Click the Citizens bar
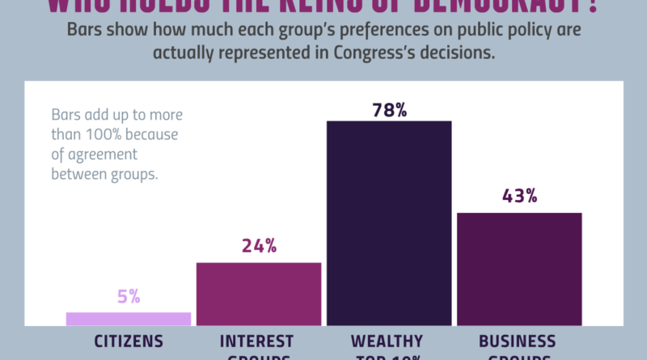pyautogui.click(x=129, y=319)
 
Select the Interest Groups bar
pyautogui.click(x=259, y=294)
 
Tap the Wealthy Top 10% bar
pyautogui.click(x=389, y=222)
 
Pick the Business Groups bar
pyautogui.click(x=519, y=269)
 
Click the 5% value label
pyautogui.click(x=129, y=297)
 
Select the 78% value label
pyautogui.click(x=389, y=110)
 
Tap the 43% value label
pyautogui.click(x=519, y=197)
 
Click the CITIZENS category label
pyautogui.click(x=129, y=341)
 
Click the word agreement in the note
pyautogui.click(x=101, y=153)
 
